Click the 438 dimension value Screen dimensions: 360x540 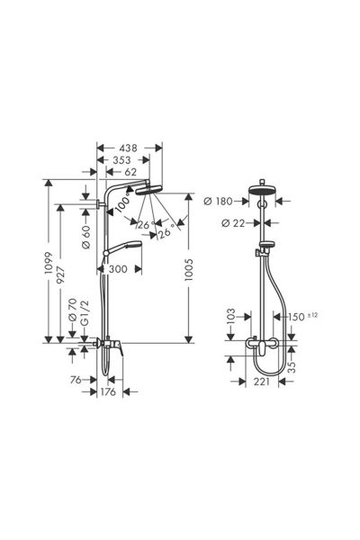(x=128, y=148)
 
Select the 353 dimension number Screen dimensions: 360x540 (x=122, y=160)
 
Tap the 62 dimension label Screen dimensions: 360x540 (x=130, y=172)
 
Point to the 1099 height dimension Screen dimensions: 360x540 (x=48, y=263)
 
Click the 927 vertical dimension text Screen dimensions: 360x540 (x=60, y=274)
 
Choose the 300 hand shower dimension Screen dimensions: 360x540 (x=118, y=269)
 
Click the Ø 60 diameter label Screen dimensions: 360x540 (x=85, y=237)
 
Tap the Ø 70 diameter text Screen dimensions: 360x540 (x=73, y=310)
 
